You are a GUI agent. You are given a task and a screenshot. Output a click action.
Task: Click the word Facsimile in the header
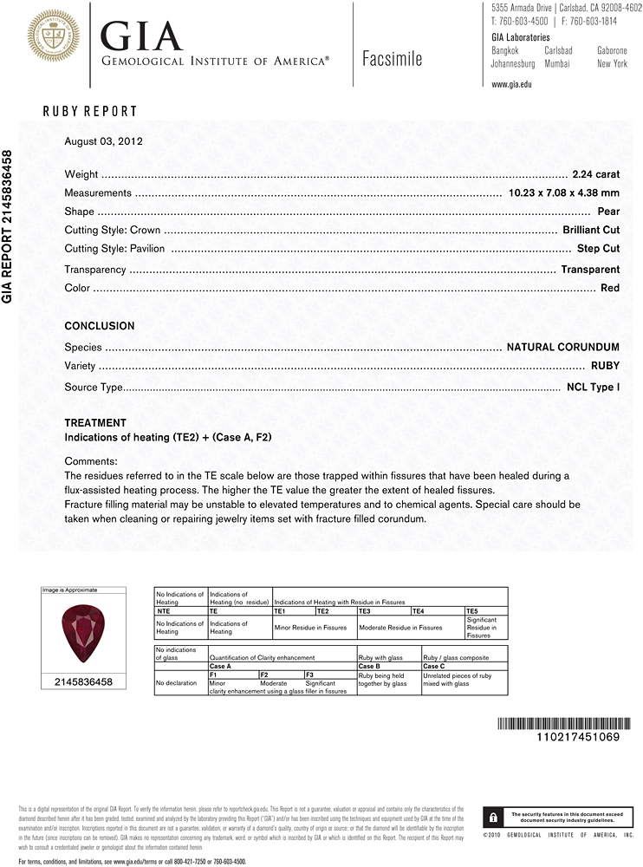tap(392, 59)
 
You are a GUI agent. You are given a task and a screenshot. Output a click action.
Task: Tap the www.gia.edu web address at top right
tap(511, 84)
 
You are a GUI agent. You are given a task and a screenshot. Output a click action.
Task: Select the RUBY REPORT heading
tap(90, 111)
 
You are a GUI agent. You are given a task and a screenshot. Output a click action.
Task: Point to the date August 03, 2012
tap(103, 140)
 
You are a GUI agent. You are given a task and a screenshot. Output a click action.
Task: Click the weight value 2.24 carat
tap(595, 174)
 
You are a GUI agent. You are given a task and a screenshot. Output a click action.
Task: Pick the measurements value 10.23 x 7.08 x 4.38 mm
tap(563, 193)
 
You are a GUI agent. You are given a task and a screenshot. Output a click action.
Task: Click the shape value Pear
tap(608, 212)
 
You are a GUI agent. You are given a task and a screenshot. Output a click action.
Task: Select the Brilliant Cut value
tap(591, 230)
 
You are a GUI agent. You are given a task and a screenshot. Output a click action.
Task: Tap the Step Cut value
tap(598, 249)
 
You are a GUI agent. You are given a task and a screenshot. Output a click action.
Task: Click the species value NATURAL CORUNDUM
tap(562, 348)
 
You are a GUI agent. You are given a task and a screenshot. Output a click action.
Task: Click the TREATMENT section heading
tap(95, 423)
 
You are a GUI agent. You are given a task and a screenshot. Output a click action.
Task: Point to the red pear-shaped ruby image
tap(82, 633)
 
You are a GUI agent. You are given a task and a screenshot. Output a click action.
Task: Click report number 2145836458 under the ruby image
tap(82, 682)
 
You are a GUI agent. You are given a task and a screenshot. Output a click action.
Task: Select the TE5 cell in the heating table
tap(472, 611)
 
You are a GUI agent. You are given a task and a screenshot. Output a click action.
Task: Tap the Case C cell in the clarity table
tap(435, 666)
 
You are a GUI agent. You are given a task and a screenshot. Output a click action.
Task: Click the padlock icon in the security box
tap(492, 817)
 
